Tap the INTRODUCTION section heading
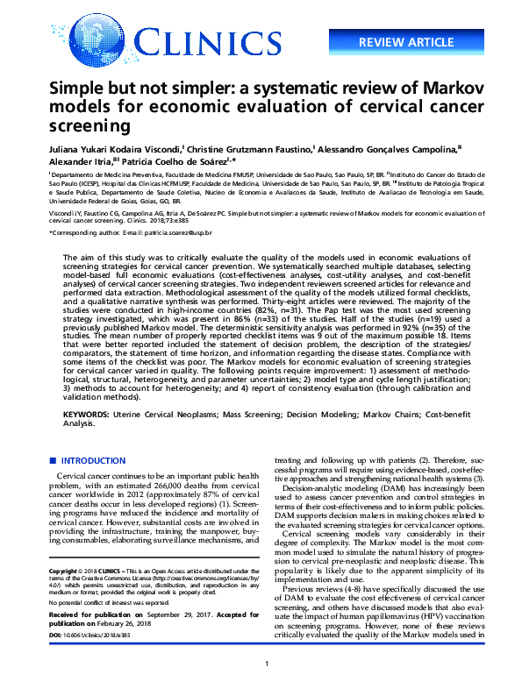click(94, 461)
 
